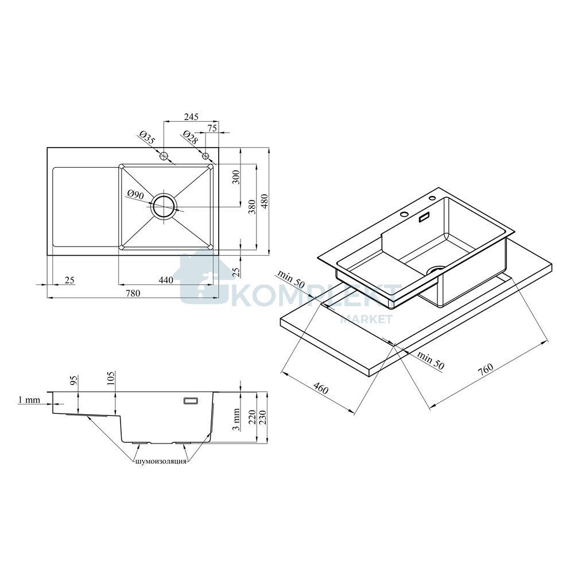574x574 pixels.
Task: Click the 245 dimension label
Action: pos(191,117)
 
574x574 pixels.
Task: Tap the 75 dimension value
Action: pos(212,128)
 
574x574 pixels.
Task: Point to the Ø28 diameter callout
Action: pos(190,137)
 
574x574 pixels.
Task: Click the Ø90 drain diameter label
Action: pos(135,194)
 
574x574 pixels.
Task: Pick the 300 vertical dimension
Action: pos(236,178)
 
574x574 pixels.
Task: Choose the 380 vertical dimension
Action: pos(252,207)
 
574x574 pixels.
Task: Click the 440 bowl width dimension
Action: pos(166,280)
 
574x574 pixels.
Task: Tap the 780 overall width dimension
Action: pos(133,293)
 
